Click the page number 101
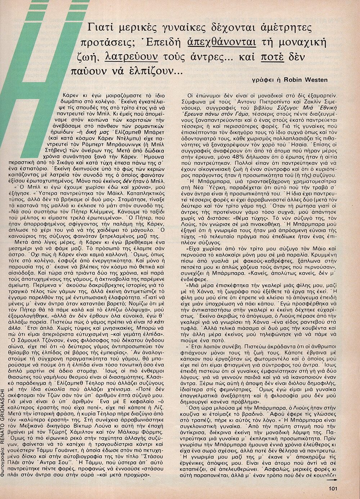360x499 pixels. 332,489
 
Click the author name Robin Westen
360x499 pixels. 306,80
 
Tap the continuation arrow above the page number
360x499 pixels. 332,479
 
